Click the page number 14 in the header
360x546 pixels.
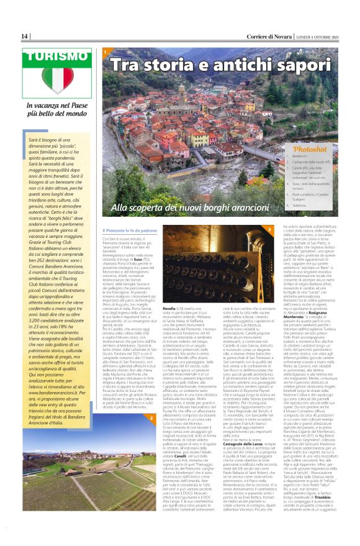25,37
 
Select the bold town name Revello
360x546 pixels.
169,291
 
